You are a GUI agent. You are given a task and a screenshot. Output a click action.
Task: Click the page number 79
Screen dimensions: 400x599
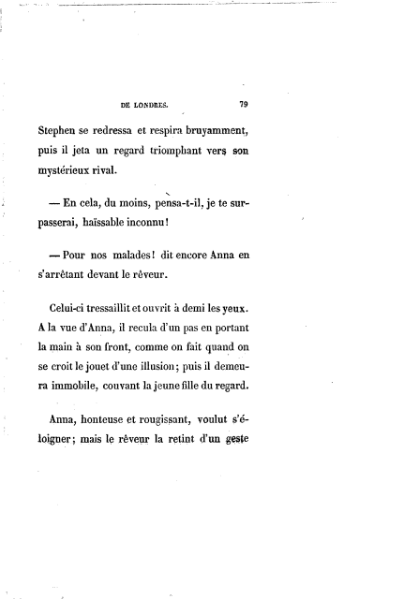pos(243,101)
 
